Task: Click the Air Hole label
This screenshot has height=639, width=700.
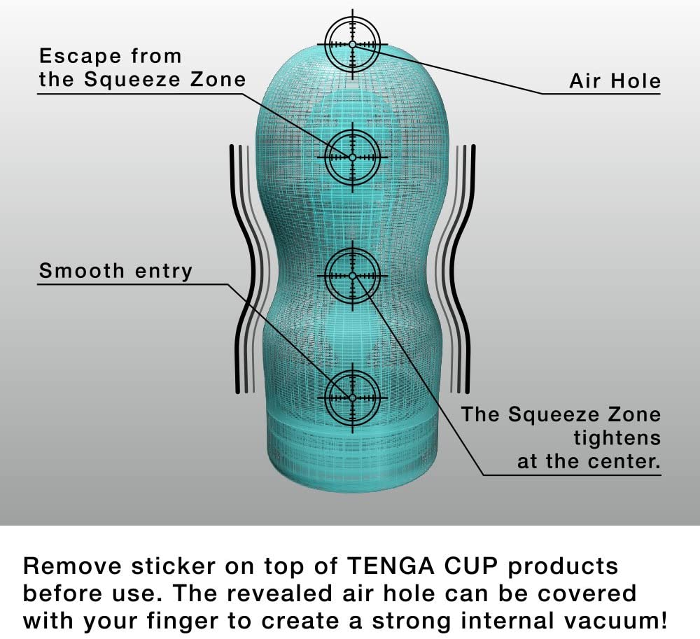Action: pyautogui.click(x=615, y=81)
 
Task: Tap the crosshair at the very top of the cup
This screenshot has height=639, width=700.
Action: pyautogui.click(x=353, y=44)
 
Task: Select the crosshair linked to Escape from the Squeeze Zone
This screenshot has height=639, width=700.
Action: pyautogui.click(x=353, y=157)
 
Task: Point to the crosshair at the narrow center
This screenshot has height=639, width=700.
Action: pyautogui.click(x=353, y=276)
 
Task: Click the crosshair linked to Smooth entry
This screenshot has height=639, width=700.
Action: pyautogui.click(x=353, y=397)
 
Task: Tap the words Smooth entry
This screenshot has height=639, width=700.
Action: pyautogui.click(x=115, y=272)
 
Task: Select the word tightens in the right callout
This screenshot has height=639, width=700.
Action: pyautogui.click(x=617, y=437)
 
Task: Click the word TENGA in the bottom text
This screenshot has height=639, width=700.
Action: pyautogui.click(x=391, y=566)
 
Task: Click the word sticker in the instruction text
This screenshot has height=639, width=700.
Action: pyautogui.click(x=173, y=566)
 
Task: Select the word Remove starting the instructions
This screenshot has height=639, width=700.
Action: pyautogui.click(x=72, y=566)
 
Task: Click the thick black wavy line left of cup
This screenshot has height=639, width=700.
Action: pyautogui.click(x=244, y=269)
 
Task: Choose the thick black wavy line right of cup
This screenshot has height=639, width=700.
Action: pyautogui.click(x=463, y=269)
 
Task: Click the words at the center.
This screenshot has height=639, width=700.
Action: pyautogui.click(x=589, y=461)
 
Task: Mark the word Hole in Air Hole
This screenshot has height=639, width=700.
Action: pyautogui.click(x=636, y=81)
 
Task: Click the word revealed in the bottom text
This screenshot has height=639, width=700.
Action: pyautogui.click(x=279, y=594)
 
